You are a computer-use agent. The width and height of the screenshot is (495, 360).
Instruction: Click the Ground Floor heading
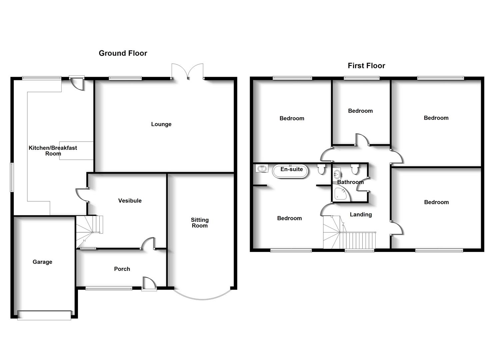(x=123, y=53)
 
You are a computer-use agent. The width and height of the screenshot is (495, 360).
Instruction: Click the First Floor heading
(x=366, y=66)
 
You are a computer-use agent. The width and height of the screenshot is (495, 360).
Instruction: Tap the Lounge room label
(x=161, y=124)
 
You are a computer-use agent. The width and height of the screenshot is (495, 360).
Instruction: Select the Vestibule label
(x=130, y=201)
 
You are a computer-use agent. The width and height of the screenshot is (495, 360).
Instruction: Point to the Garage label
(x=42, y=262)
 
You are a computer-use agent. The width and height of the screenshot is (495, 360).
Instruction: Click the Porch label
(x=122, y=269)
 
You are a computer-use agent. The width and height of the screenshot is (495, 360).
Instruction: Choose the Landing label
(x=361, y=215)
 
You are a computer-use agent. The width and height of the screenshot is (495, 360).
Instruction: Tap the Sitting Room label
(x=200, y=223)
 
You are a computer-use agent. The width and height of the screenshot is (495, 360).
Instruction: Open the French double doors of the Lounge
(x=187, y=72)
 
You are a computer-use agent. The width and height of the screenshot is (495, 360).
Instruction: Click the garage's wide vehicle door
(x=44, y=315)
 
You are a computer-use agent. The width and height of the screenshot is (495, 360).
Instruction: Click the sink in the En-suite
(x=262, y=168)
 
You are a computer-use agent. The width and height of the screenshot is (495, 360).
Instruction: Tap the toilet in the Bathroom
(x=355, y=169)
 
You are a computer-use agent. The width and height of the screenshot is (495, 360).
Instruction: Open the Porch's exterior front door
(x=149, y=284)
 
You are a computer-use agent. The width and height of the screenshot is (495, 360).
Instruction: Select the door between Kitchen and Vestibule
(x=82, y=195)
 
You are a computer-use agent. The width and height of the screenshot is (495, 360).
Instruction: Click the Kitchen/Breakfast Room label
(x=53, y=151)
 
